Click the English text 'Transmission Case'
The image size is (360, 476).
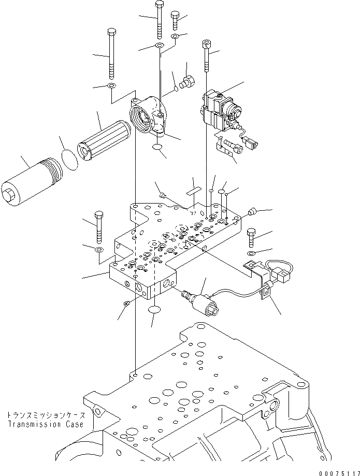pyautogui.click(x=45, y=424)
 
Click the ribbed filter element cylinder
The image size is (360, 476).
pyautogui.click(x=100, y=138)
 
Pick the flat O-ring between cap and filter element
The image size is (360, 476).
pyautogui.click(x=70, y=159)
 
